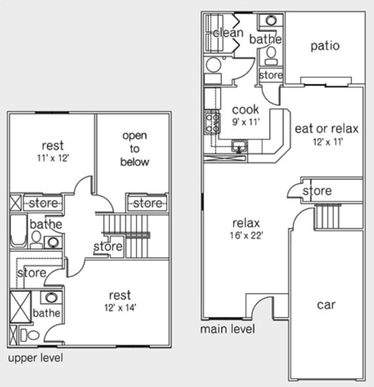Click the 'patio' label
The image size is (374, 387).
tap(325, 46)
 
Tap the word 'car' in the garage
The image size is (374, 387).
tap(326, 305)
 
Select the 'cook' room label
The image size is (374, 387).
tap(245, 109)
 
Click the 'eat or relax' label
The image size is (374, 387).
tap(327, 128)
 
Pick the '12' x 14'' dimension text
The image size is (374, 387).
tap(120, 307)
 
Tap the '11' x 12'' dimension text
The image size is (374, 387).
tap(52, 157)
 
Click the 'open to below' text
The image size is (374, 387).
tap(135, 148)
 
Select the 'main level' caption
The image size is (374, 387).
tap(228, 329)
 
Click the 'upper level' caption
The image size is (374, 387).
tap(35, 358)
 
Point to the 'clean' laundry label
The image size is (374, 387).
tap(228, 33)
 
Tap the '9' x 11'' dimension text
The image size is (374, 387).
tap(245, 121)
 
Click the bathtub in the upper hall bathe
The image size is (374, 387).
tap(17, 231)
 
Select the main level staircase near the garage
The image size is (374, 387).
tap(329, 216)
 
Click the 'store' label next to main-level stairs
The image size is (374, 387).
tap(318, 191)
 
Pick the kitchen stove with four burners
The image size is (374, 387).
tap(212, 122)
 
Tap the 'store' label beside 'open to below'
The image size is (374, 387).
tap(147, 203)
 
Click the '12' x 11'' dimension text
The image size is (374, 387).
tap(327, 140)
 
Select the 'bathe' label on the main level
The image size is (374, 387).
tap(265, 39)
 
